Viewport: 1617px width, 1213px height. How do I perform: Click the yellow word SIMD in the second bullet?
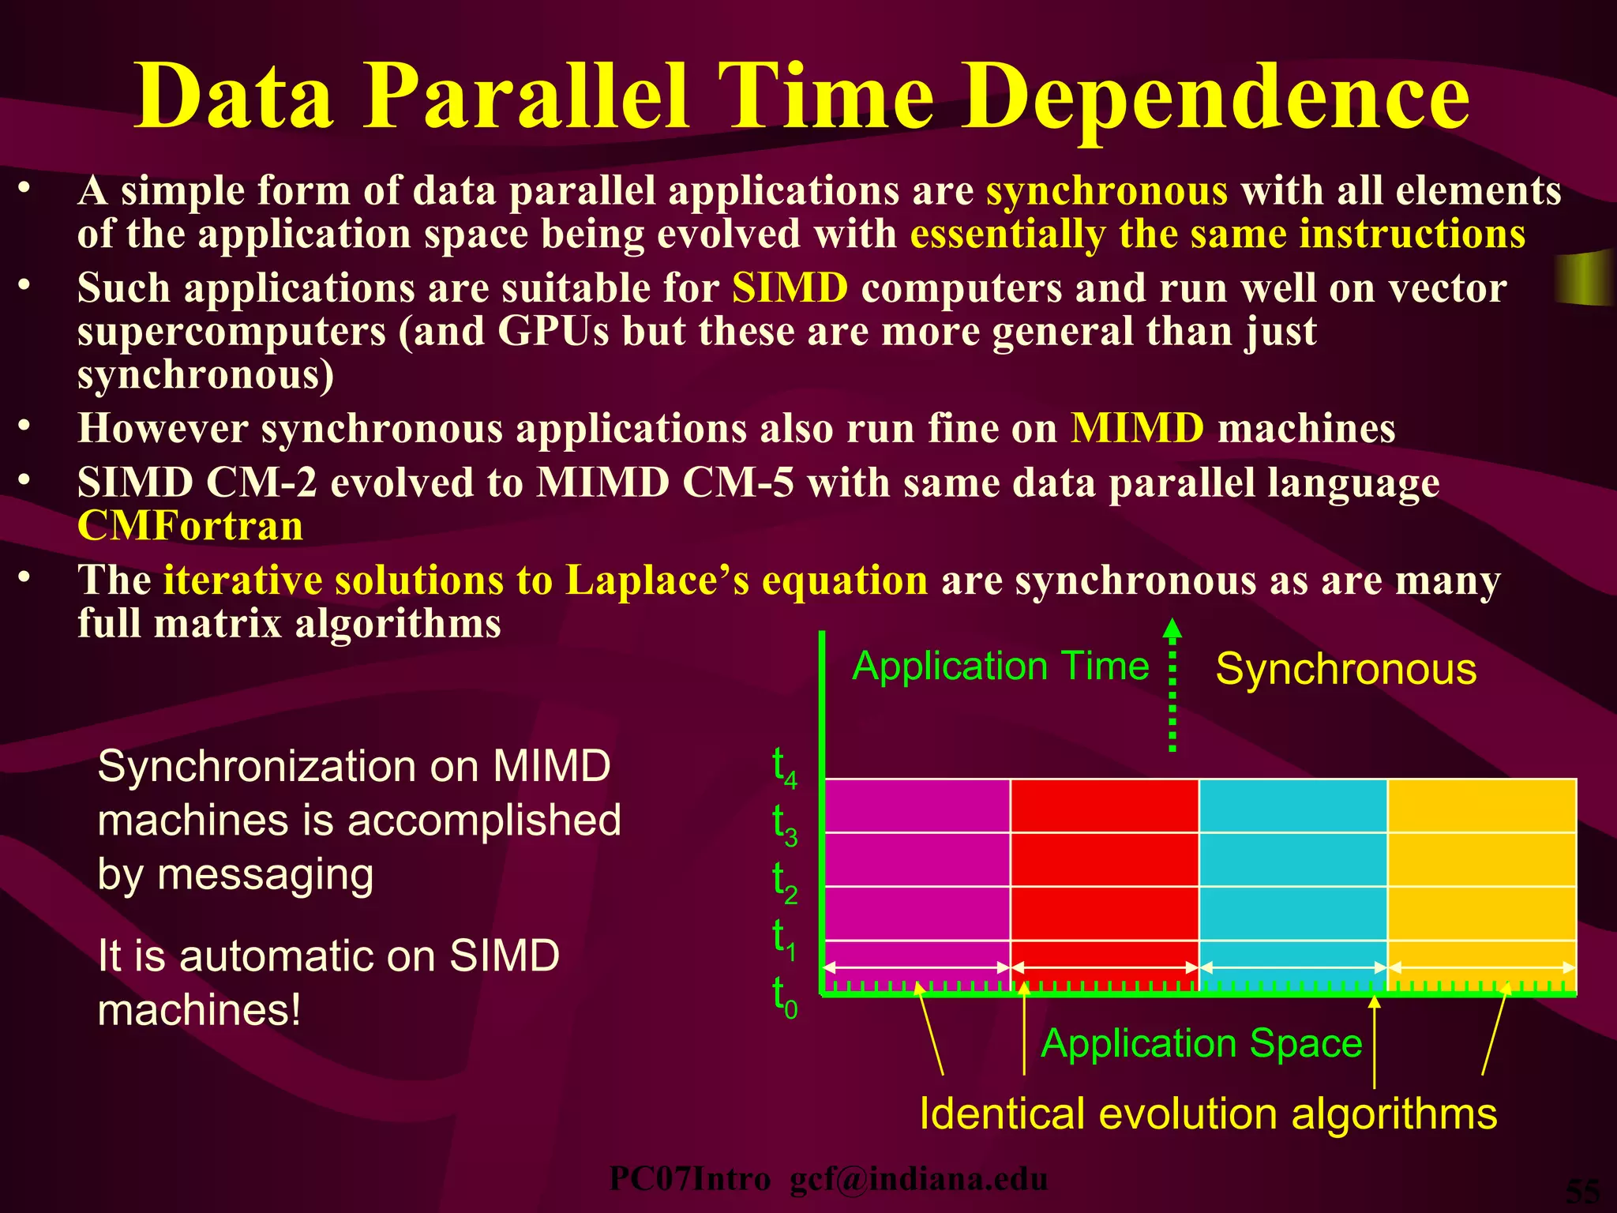[790, 288]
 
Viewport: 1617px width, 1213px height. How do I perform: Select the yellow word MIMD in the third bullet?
[1137, 429]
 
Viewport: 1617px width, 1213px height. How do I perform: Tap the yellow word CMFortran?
[190, 527]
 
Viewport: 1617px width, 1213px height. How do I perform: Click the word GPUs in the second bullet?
[553, 332]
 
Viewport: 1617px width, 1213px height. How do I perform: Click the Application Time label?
[1000, 666]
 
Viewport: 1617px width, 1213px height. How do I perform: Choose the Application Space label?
[1201, 1043]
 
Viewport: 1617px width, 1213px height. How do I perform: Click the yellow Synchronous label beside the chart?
[1345, 670]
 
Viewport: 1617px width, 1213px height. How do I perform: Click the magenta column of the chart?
[917, 869]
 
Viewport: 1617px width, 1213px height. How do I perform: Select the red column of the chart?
[1105, 869]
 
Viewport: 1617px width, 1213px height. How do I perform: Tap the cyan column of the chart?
[1292, 869]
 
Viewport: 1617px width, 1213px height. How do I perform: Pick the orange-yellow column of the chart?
[1482, 869]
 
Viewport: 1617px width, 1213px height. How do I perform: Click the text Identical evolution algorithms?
[1208, 1114]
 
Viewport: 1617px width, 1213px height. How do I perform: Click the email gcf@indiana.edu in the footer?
[918, 1179]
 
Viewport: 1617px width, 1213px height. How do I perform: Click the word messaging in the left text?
[265, 875]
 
